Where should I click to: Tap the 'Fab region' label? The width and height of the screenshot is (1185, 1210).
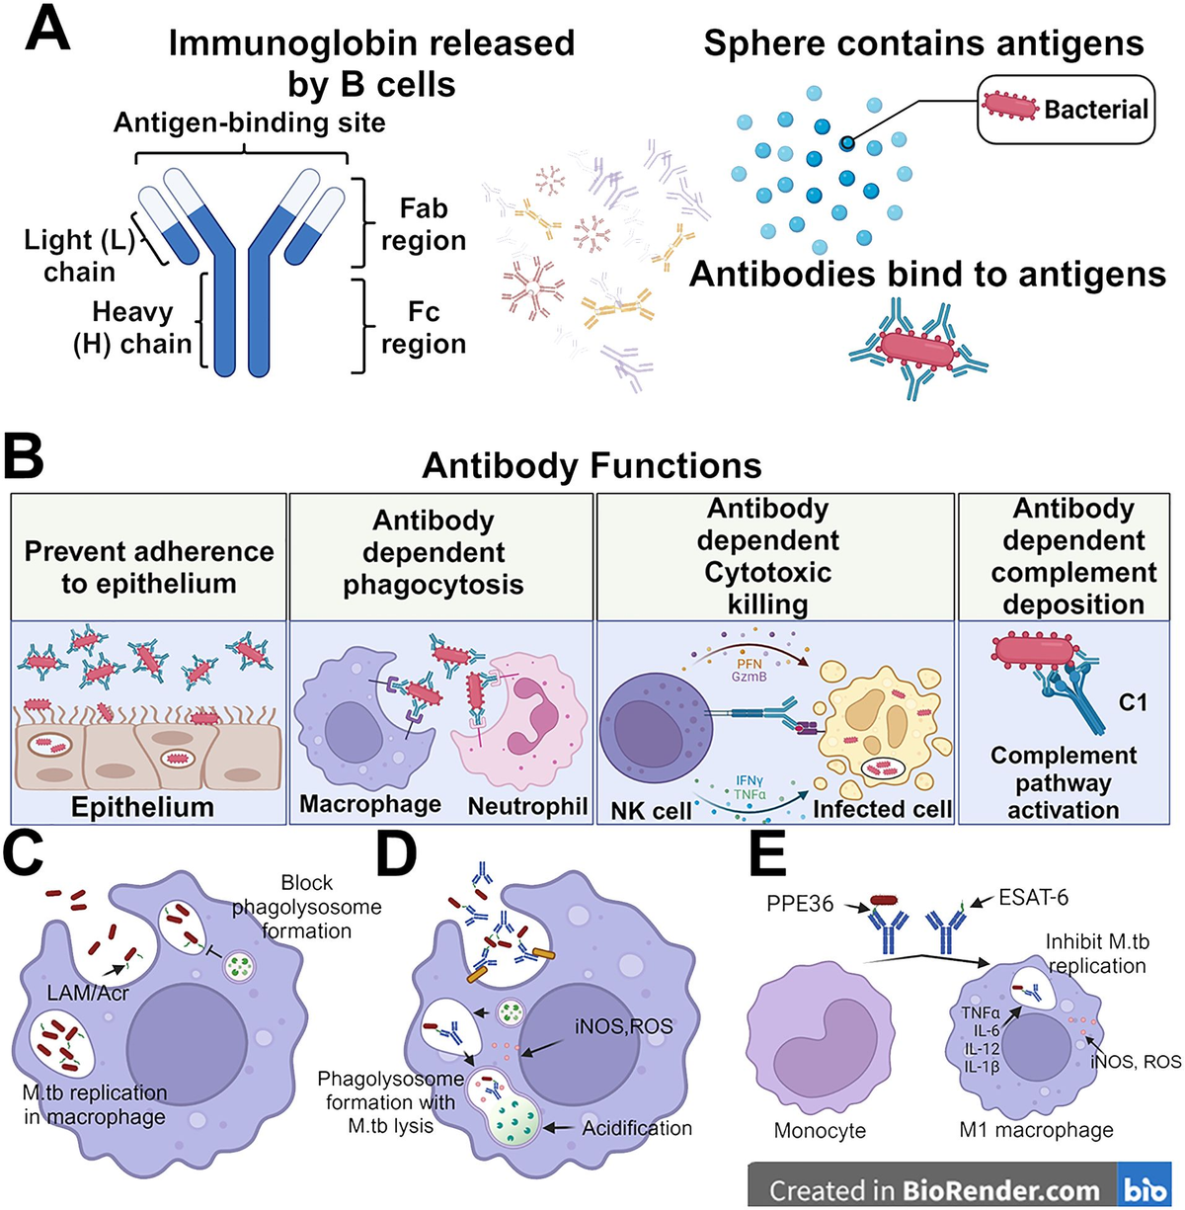pos(423,224)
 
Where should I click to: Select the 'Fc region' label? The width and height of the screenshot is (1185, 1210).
pos(423,328)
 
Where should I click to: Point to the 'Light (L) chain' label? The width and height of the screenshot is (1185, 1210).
pos(78,255)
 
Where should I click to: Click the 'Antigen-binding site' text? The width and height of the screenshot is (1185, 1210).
pos(249,122)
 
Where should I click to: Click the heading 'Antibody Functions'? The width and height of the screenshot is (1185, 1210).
pos(592,465)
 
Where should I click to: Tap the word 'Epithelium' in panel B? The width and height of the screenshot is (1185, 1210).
pos(142,807)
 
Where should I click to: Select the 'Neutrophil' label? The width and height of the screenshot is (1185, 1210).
pos(527,806)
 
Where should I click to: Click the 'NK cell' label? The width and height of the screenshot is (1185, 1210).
pos(651,811)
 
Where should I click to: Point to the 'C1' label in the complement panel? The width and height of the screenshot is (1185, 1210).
pos(1133,702)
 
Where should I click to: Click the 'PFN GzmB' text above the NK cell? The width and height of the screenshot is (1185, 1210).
pos(750,671)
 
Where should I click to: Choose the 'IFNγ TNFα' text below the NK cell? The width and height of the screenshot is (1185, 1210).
pos(750,787)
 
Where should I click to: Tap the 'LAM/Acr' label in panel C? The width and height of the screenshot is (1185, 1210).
pos(87,993)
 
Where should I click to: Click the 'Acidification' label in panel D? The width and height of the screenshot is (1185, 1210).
pos(637,1128)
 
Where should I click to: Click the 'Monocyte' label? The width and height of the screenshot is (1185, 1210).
pos(820,1131)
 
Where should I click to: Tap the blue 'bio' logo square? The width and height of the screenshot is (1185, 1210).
pos(1145,1188)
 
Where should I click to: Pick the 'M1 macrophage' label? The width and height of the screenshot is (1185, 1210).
pos(1036,1130)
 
